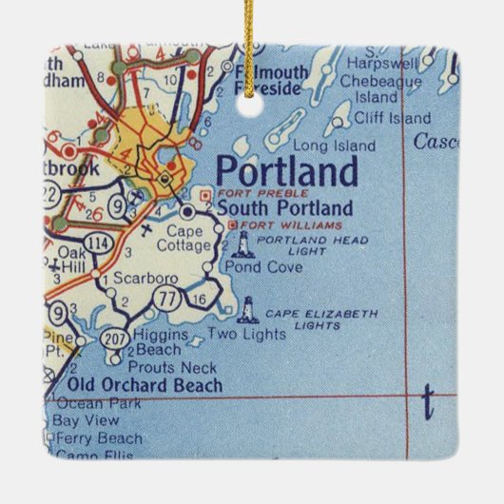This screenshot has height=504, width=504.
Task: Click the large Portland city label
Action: coord(287,172)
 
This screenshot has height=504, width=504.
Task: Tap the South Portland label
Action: coord(284,208)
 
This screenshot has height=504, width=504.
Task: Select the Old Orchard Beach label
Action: coord(145,385)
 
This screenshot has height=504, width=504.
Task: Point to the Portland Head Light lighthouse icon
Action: coord(242,245)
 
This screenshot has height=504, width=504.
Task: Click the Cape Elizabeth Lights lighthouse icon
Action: coord(248,310)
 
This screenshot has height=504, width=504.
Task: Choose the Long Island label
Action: coord(325,145)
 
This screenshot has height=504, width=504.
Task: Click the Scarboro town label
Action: coord(139,280)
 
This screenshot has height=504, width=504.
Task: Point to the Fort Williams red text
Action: coord(278,224)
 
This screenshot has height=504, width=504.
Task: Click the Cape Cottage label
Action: coord(188,238)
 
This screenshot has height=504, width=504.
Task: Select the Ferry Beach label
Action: coord(99,437)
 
